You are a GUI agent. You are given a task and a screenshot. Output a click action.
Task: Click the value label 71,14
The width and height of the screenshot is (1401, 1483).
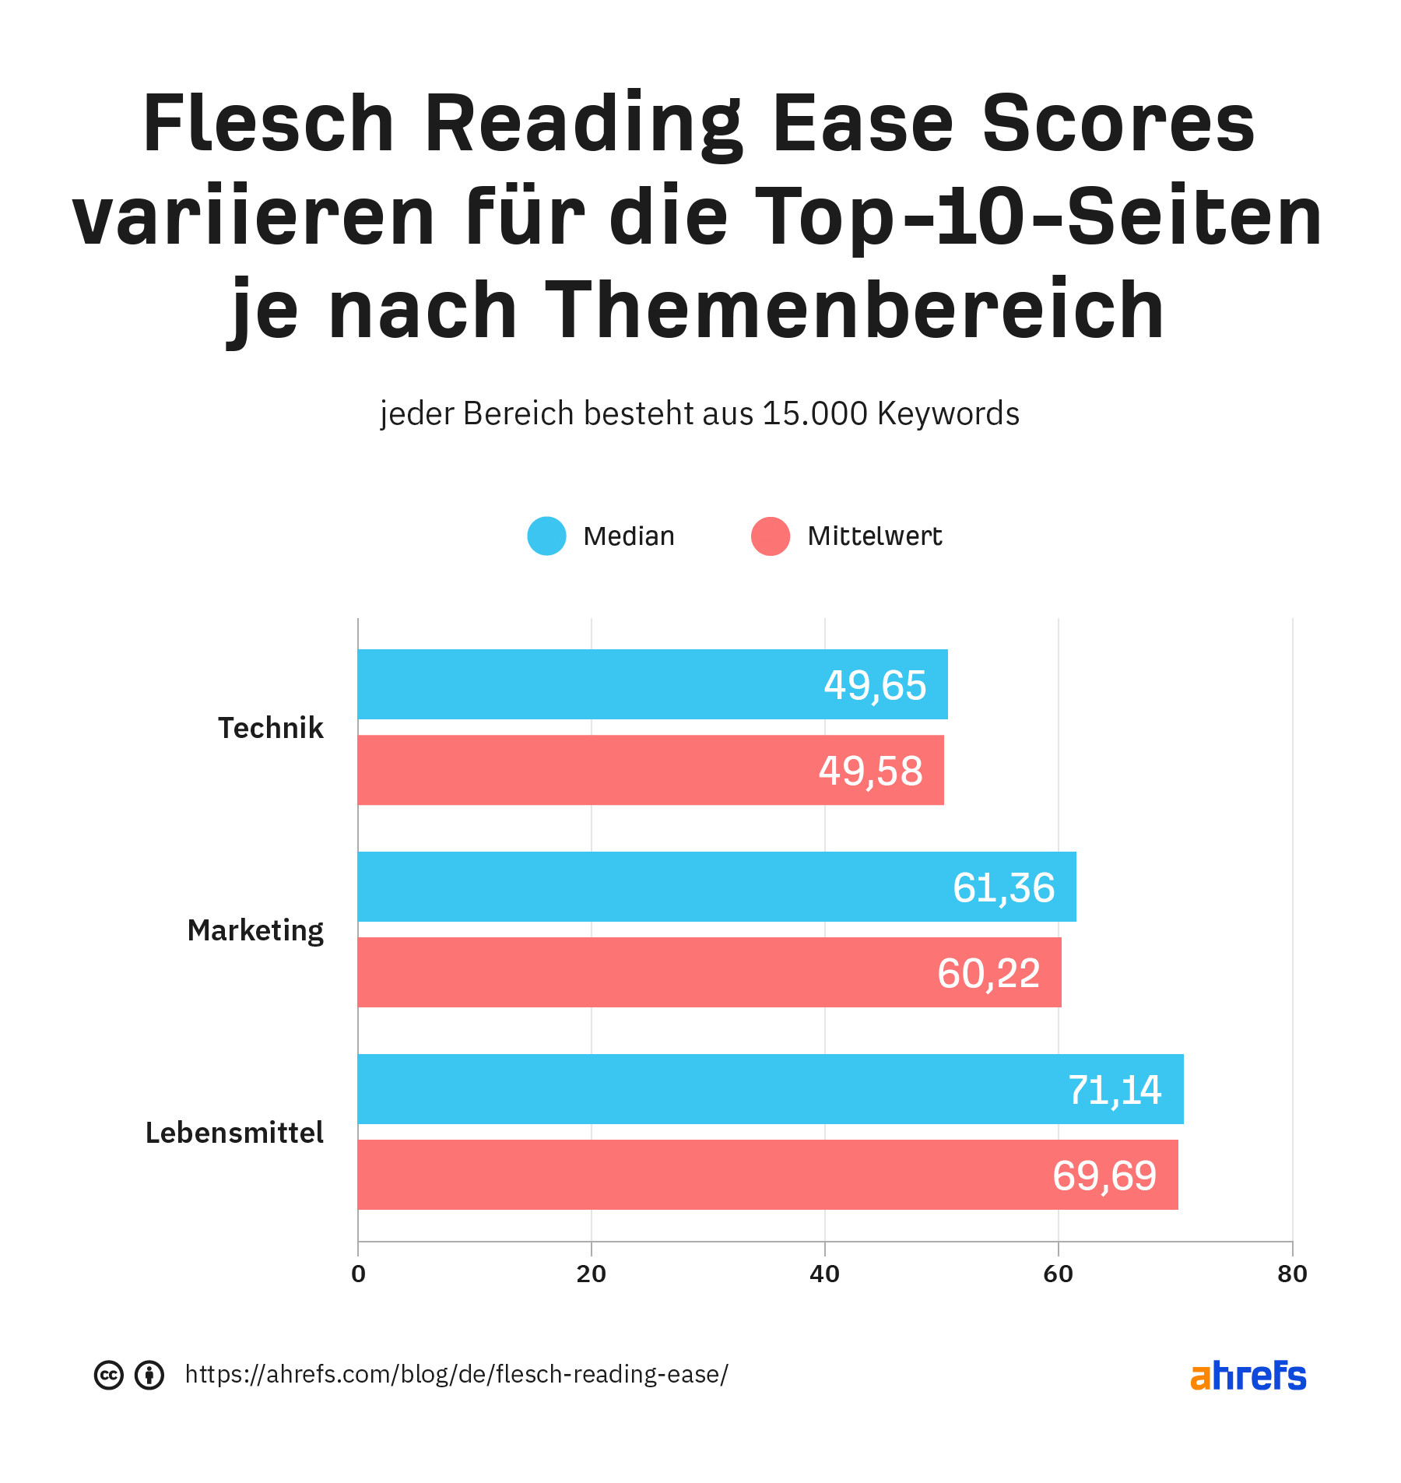click(x=1115, y=1090)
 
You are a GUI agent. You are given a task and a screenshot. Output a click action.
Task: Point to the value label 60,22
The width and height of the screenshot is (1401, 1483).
click(x=988, y=973)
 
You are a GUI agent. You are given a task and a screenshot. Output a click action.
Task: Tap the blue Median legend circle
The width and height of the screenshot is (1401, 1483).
click(x=546, y=536)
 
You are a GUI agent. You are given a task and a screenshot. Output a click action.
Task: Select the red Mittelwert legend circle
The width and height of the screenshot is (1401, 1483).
click(x=771, y=536)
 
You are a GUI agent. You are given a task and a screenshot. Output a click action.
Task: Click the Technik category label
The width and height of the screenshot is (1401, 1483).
click(x=270, y=728)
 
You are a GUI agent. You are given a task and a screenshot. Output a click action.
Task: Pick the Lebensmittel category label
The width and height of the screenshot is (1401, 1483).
click(x=234, y=1133)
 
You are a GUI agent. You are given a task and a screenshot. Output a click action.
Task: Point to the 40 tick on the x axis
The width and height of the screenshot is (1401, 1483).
click(x=825, y=1274)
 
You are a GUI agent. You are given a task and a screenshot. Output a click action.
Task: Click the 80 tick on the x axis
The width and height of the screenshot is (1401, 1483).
click(x=1292, y=1274)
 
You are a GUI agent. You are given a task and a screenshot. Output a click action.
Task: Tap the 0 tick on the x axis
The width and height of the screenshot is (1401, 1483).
click(x=358, y=1274)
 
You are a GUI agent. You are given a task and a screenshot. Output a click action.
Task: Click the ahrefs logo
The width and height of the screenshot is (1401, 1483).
click(x=1248, y=1376)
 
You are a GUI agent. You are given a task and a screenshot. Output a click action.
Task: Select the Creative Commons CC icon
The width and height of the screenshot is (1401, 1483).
click(x=109, y=1375)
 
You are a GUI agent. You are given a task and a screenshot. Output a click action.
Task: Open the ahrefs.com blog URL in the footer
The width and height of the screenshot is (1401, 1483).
click(x=456, y=1375)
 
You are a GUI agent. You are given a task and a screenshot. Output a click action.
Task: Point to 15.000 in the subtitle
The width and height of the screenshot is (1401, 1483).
click(x=815, y=413)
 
